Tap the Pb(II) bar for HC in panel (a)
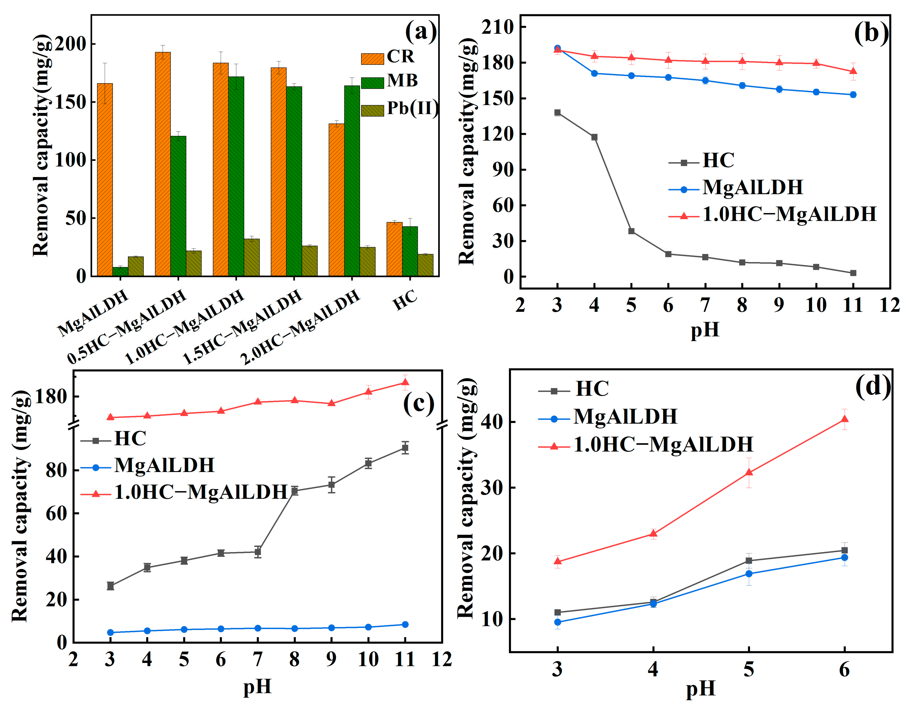[x=425, y=265]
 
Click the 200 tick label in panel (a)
[x=70, y=44]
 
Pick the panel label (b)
[x=871, y=32]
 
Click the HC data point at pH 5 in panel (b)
[x=631, y=231]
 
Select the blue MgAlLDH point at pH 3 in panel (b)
[x=557, y=48]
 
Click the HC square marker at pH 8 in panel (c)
[x=295, y=491]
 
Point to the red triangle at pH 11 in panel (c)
[x=405, y=382]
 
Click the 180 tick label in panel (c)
[x=51, y=396]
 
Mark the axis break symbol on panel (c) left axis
[x=74, y=425]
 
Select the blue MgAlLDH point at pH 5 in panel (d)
[x=749, y=573]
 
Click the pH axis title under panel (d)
[x=701, y=689]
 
